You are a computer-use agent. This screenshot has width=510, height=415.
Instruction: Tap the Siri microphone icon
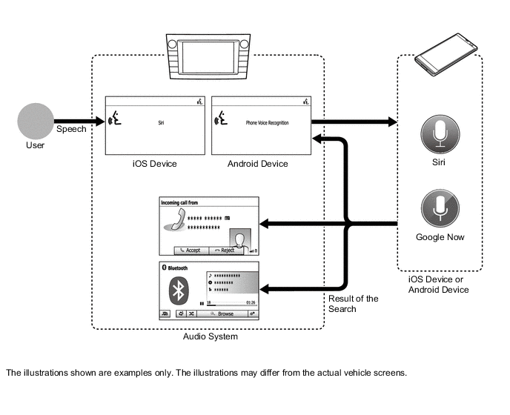pyautogui.click(x=440, y=133)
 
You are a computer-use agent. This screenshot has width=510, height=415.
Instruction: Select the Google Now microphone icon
pyautogui.click(x=440, y=208)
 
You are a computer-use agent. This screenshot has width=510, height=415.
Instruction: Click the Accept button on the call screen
pyautogui.click(x=191, y=250)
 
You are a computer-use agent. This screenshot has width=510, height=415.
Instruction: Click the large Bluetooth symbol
pyautogui.click(x=178, y=290)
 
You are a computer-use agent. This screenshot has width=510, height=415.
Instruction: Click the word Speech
pyautogui.click(x=71, y=130)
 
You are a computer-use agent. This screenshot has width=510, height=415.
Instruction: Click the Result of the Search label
pyautogui.click(x=354, y=304)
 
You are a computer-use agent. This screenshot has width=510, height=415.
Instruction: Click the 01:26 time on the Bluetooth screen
pyautogui.click(x=251, y=302)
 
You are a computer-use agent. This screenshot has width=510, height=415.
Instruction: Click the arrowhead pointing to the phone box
pyautogui.click(x=391, y=121)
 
